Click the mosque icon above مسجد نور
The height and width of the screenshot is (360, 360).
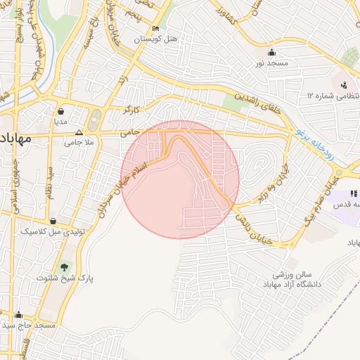tap(272, 53)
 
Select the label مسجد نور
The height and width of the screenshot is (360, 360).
tap(272, 63)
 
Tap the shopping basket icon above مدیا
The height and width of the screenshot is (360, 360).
tap(61, 111)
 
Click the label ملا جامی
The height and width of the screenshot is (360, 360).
tap(79, 142)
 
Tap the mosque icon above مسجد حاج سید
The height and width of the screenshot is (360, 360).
tap(18, 315)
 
